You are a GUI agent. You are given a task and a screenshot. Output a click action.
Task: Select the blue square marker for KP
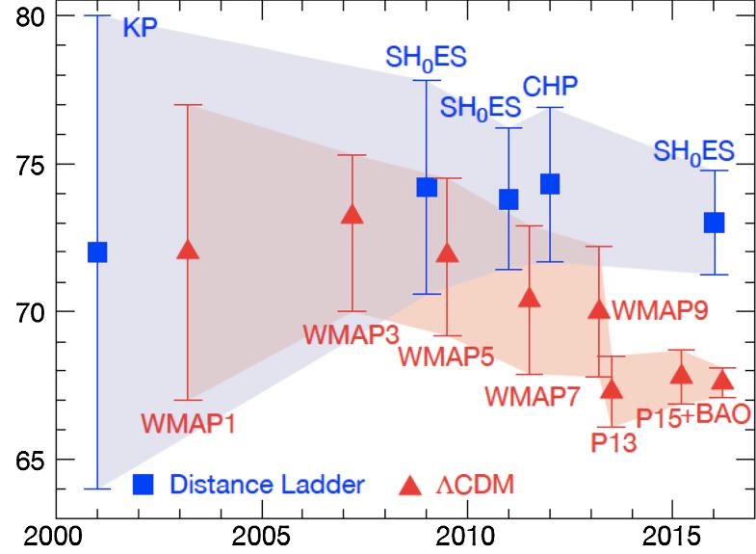tap(97, 252)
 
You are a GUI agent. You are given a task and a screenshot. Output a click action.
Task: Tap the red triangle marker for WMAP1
tap(189, 249)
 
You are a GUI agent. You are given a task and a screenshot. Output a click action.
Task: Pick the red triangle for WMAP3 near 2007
tap(352, 215)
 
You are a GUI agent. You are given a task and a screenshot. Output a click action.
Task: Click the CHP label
tap(550, 87)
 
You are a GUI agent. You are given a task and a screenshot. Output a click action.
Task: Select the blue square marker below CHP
tap(550, 184)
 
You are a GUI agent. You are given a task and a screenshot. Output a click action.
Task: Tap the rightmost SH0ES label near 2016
tap(694, 151)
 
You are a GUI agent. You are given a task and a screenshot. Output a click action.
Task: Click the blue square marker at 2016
tap(715, 223)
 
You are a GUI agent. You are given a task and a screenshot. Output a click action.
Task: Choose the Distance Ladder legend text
tap(267, 485)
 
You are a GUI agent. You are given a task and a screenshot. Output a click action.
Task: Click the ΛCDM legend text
tap(471, 485)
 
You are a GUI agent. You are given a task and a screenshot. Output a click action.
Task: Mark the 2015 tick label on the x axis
tap(672, 536)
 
